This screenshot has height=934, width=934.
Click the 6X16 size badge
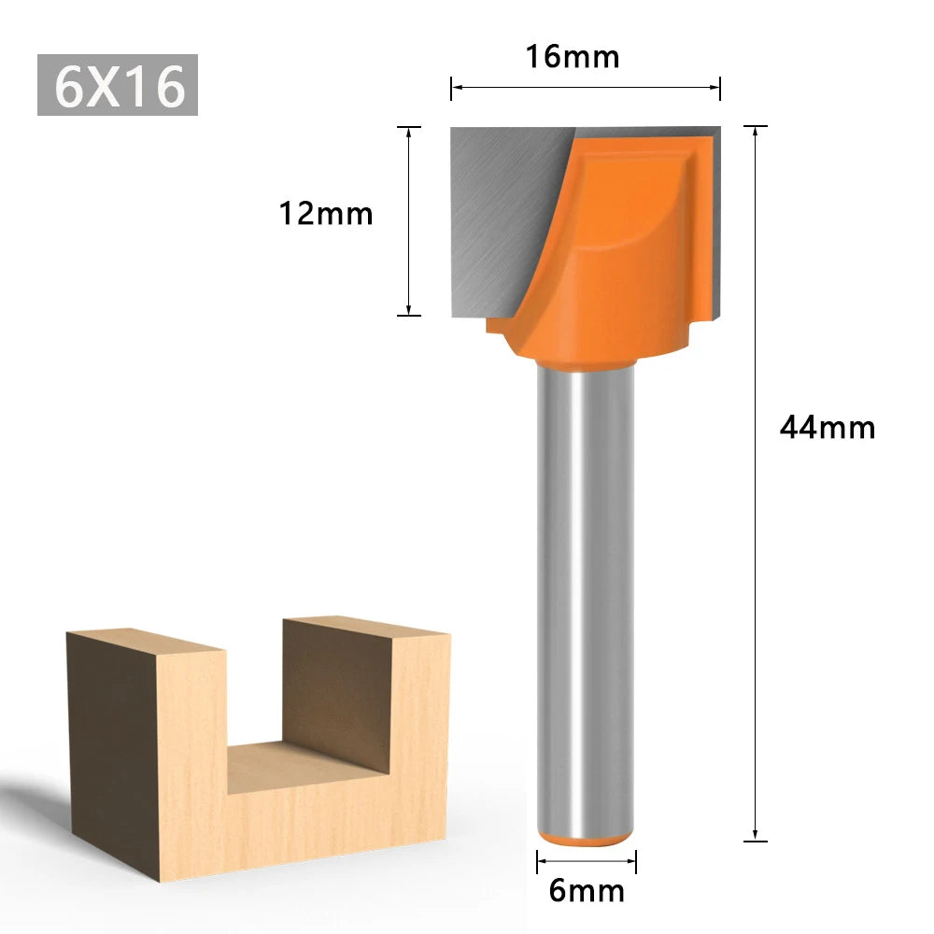[118, 86]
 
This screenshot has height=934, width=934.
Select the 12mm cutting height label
[326, 214]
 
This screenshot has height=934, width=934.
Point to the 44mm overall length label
[828, 428]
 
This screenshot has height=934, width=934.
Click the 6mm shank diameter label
[587, 890]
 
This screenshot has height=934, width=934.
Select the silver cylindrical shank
[586, 598]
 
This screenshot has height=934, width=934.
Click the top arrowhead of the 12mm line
[409, 132]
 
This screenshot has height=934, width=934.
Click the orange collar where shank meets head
[586, 360]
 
